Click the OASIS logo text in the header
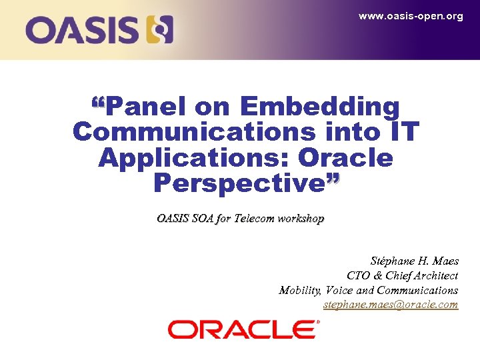click(83, 30)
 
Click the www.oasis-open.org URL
click(411, 16)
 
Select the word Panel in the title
click(147, 106)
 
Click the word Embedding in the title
click(320, 106)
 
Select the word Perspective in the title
click(239, 183)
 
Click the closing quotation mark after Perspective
click(333, 178)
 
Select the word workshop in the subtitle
click(303, 218)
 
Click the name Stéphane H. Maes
click(414, 261)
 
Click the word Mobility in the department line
click(299, 290)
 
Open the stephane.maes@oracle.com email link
click(391, 305)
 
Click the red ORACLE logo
click(243, 329)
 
